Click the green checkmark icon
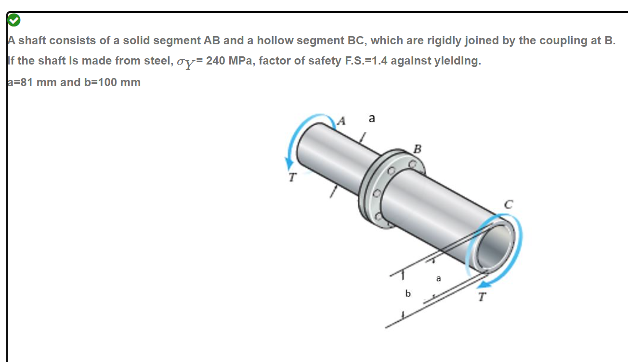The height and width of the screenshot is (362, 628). [13, 20]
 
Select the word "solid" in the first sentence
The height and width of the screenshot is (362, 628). [135, 40]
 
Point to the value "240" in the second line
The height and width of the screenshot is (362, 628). [215, 61]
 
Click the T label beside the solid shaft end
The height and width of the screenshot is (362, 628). [291, 177]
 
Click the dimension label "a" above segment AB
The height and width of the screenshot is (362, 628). [371, 118]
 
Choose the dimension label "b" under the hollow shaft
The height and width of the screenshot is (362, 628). [408, 293]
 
